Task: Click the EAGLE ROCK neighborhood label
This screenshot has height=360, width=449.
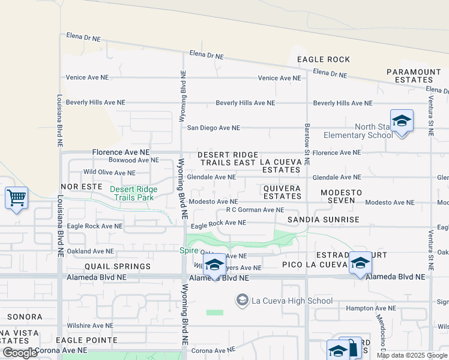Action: (323, 59)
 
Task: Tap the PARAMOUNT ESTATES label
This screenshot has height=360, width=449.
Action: (414, 76)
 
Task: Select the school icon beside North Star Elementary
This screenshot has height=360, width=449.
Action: (402, 122)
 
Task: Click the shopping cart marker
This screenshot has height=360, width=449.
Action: (16, 197)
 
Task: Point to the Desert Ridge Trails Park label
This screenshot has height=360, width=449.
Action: (133, 193)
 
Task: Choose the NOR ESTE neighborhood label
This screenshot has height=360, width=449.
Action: (81, 187)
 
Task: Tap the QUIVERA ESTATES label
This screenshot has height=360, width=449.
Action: (282, 192)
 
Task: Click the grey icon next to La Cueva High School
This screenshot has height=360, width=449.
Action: (243, 300)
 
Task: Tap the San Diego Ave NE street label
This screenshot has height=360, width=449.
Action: (213, 128)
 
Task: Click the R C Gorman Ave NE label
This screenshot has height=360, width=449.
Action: (255, 210)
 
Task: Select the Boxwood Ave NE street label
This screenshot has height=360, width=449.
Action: (133, 160)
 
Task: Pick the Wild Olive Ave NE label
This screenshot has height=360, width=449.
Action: (109, 172)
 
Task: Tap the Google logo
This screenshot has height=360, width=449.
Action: (20, 353)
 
